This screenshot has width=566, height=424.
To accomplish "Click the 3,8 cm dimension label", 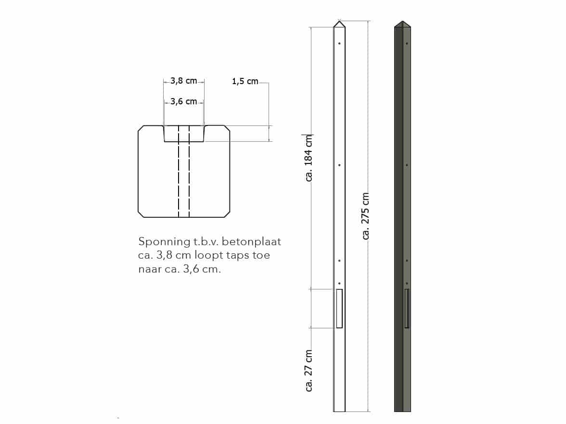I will pyautogui.click(x=184, y=81).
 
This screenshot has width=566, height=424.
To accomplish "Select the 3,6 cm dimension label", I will pyautogui.click(x=184, y=101).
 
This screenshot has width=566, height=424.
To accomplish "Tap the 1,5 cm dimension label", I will pyautogui.click(x=245, y=82).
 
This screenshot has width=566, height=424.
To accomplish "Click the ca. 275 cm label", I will pyautogui.click(x=366, y=216).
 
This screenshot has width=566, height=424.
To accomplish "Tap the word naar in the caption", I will pyautogui.click(x=149, y=269).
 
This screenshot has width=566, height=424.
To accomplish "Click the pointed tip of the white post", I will pyautogui.click(x=340, y=23).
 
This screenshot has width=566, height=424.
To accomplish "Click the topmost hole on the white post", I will pyautogui.click(x=340, y=44).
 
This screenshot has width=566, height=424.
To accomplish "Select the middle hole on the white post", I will pyautogui.click(x=340, y=165).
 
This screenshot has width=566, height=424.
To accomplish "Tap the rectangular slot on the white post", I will pyautogui.click(x=339, y=308).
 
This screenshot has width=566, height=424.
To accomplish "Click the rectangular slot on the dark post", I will pyautogui.click(x=407, y=308).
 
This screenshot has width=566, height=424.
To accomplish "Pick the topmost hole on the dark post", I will pyautogui.click(x=407, y=44).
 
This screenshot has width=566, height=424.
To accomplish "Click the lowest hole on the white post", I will pyautogui.click(x=340, y=283).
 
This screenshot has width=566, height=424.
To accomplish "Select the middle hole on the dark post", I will pyautogui.click(x=407, y=165).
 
